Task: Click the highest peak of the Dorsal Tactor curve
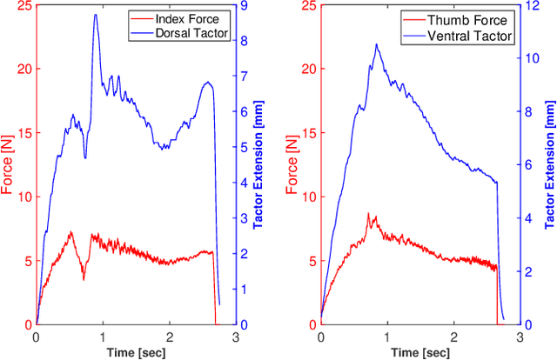[x=95, y=15]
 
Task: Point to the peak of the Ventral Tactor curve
[x=376, y=44]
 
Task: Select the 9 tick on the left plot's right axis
[x=245, y=5]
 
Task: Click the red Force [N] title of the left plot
[x=8, y=164]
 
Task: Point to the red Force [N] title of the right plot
[x=293, y=164]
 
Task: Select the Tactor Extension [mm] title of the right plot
[x=549, y=164]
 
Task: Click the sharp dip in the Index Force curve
[x=84, y=279]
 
